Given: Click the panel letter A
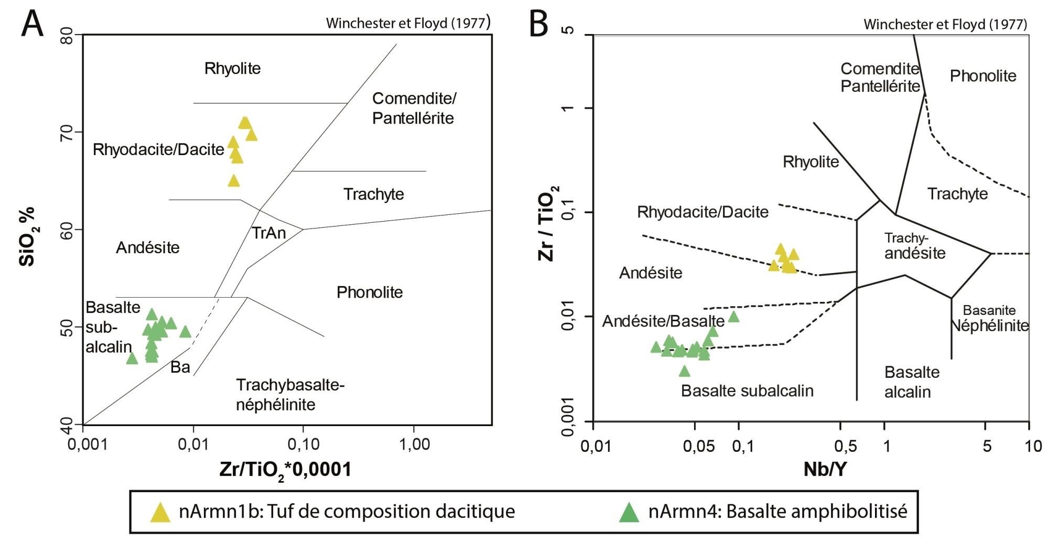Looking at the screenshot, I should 33,24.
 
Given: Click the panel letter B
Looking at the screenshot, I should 538,24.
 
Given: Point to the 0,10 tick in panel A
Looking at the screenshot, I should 304,445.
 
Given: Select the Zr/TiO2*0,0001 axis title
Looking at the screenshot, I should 285,470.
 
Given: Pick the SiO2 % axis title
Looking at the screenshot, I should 27,236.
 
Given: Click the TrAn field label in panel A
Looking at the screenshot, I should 269,233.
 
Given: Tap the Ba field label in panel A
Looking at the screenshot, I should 180,367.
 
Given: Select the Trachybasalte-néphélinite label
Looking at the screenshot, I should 289,395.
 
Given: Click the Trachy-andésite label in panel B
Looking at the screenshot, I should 915,246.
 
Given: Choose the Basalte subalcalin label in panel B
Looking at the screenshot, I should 747,390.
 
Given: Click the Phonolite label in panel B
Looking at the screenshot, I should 983,76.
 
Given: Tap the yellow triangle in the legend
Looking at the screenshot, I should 160,512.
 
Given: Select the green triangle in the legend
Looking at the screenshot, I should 629,512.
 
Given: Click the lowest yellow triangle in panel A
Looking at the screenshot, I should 234,181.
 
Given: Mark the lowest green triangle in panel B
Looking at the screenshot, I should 684,371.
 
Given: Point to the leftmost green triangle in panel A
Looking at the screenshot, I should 132,358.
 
